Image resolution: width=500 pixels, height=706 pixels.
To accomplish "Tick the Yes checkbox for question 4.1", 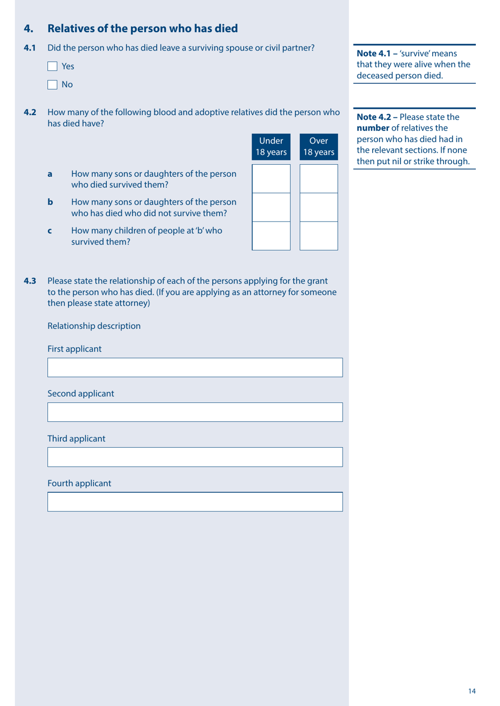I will pos(52,66).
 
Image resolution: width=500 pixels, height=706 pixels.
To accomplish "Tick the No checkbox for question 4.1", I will pos(52,85).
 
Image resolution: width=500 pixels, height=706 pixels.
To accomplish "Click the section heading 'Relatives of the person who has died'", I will pos(142,28).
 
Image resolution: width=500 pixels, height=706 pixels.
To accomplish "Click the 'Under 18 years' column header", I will pos(271,147).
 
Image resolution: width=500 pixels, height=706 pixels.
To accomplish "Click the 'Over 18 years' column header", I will pos(318,147).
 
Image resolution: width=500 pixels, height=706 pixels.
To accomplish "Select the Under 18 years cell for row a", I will pos(271,179).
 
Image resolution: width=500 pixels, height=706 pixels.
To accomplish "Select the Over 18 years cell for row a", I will pos(318,179).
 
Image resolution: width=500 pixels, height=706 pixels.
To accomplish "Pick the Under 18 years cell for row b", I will pos(271,207).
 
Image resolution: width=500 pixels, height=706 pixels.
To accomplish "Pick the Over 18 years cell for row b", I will pos(318,207).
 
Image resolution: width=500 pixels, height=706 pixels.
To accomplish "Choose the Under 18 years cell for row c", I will pos(271,236).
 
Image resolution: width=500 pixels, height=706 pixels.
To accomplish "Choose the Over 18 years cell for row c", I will pos(318,236).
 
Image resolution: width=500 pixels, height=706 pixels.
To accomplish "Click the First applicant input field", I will pos(195,368).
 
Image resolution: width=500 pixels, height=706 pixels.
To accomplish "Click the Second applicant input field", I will pos(195,412).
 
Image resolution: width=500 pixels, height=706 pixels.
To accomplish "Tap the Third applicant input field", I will pos(195,457).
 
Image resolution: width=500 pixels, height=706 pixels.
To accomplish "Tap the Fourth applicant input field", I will pos(195,502).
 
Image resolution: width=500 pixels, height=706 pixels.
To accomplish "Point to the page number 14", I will pos(472,691).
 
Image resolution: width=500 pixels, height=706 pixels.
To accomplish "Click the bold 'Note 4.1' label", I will pos(374,54).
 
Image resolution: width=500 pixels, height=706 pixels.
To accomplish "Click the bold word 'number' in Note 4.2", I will pos(373,128).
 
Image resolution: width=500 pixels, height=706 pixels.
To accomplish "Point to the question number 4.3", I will pos(30,281).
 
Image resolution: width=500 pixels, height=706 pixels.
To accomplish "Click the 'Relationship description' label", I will pos(94,326).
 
